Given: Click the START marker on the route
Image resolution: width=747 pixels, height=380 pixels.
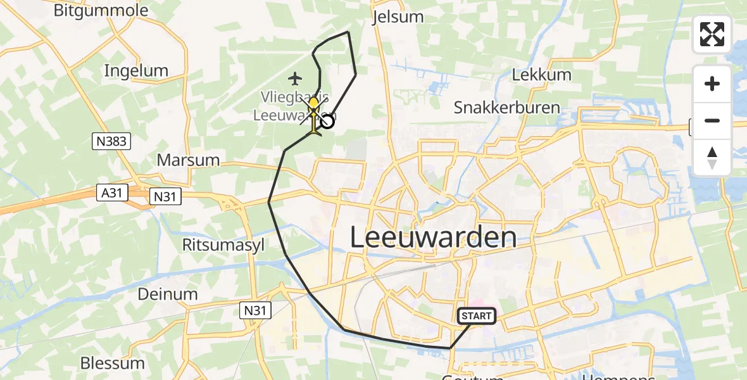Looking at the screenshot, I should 476,315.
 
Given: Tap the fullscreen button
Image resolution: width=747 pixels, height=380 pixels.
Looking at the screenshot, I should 712,34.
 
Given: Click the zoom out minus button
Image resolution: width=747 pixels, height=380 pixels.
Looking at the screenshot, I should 712,120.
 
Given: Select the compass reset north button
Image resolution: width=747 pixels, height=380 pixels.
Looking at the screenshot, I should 712,158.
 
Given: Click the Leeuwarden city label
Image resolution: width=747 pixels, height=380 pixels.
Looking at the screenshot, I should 433,237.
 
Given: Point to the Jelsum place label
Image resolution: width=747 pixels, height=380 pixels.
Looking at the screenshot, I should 398,16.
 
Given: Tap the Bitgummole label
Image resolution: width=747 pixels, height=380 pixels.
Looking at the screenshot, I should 101,10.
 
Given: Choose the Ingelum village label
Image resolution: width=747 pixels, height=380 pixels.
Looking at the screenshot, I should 136,70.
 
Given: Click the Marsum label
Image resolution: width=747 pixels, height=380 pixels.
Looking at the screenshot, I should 188,160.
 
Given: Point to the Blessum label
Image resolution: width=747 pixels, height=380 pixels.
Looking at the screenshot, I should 113,363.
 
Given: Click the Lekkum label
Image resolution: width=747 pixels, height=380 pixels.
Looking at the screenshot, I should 541,74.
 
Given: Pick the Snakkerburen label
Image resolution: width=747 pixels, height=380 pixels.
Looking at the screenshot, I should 506,107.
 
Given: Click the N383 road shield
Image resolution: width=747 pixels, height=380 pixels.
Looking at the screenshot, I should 111,142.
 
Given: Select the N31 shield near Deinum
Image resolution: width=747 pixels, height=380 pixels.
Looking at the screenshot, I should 256,310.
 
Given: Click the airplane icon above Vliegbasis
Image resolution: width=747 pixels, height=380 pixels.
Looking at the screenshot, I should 294,79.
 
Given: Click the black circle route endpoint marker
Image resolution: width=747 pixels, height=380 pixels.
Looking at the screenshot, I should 327,120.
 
